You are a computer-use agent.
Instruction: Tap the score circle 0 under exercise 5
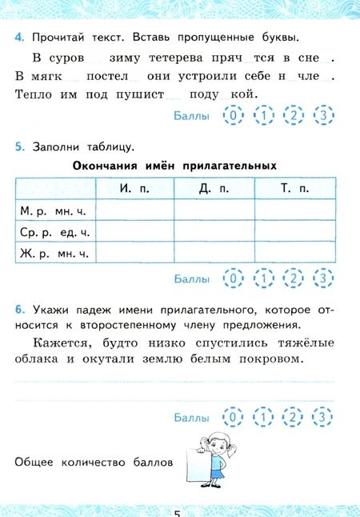pyautogui.click(x=233, y=279)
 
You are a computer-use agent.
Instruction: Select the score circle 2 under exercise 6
pyautogui.click(x=293, y=417)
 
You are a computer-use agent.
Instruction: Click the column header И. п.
pyautogui.click(x=134, y=188)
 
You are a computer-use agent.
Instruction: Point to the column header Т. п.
pyautogui.click(x=294, y=188)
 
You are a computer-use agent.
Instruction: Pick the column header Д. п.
pyautogui.click(x=214, y=188)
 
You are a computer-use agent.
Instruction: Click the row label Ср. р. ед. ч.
pyautogui.click(x=54, y=231)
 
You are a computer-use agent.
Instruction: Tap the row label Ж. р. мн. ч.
pyautogui.click(x=54, y=253)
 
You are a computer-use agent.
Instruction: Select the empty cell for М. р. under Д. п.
pyautogui.click(x=214, y=210)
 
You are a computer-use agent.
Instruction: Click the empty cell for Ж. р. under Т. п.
pyautogui.click(x=294, y=253)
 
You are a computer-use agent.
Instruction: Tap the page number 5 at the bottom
pyautogui.click(x=179, y=511)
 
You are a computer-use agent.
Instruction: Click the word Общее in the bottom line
pyautogui.click(x=34, y=463)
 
